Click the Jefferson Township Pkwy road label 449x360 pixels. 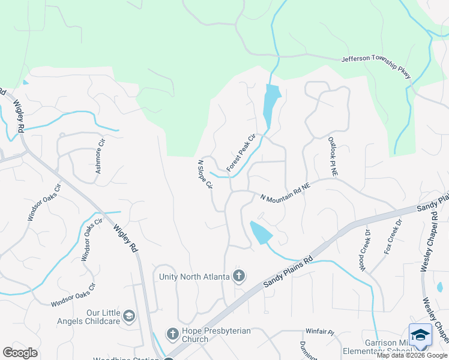coord(376,67)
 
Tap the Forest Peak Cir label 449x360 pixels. coord(241,153)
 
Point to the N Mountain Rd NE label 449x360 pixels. coord(285,191)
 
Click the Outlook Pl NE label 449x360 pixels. coord(333,157)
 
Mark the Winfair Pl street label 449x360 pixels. coord(319,331)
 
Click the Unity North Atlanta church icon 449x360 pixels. coord(239,276)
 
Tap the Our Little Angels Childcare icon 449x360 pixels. coord(128,316)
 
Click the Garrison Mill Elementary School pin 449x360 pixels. coord(420,335)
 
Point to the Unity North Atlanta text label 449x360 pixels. coord(194,277)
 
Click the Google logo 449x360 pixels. coord(20,353)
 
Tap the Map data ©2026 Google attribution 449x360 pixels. coord(412,355)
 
